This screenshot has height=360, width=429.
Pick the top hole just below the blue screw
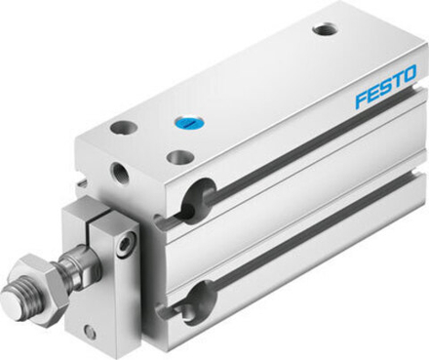point(177,156)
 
